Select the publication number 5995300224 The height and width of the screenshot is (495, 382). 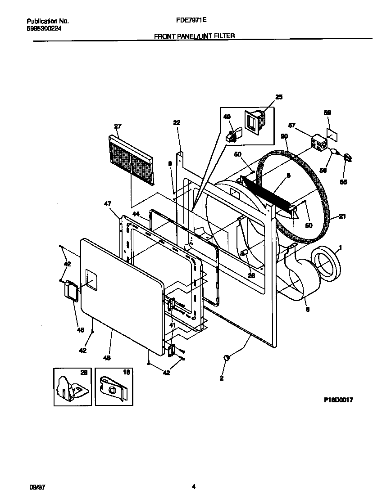(x=44, y=28)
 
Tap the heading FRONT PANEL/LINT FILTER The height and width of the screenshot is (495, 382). (x=194, y=36)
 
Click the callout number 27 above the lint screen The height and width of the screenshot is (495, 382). (x=118, y=126)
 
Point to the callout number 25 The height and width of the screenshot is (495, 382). (x=279, y=97)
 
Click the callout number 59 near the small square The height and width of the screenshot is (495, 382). (x=327, y=114)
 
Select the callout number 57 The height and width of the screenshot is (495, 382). (x=292, y=125)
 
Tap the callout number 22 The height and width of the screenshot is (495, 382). (x=177, y=123)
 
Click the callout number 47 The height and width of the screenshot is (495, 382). (x=108, y=204)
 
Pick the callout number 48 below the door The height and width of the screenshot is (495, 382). (x=107, y=358)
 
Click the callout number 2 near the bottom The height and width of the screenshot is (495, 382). (x=222, y=378)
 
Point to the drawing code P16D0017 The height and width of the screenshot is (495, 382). (x=337, y=399)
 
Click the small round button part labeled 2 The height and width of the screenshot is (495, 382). (x=227, y=357)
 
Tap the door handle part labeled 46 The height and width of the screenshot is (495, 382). (x=71, y=291)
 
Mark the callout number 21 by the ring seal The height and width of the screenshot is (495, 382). (x=342, y=217)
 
